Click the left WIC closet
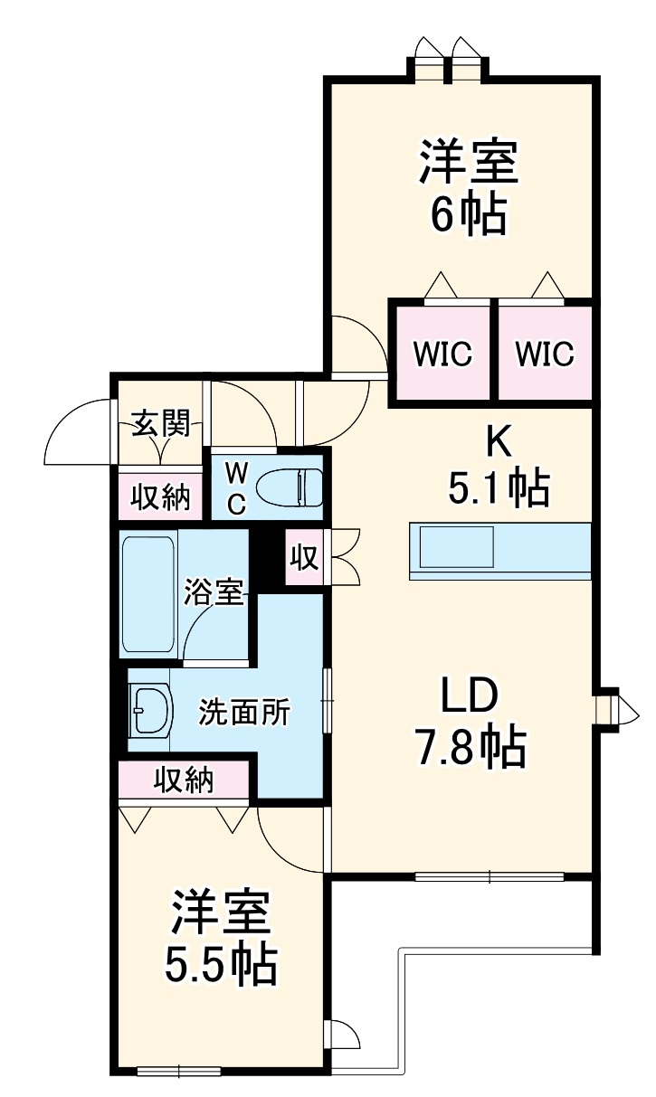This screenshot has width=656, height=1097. pos(442,353)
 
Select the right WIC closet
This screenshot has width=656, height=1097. pos(545,353)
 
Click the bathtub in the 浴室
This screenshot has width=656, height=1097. pos(148,595)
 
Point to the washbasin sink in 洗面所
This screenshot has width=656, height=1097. pos(150,711)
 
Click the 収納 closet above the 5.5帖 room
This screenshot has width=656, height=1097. pos(184,779)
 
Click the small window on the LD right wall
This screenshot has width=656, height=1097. pos(614,709)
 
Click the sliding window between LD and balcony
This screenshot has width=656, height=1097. pos(490,875)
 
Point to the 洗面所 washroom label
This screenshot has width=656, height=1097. pos(244,713)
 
